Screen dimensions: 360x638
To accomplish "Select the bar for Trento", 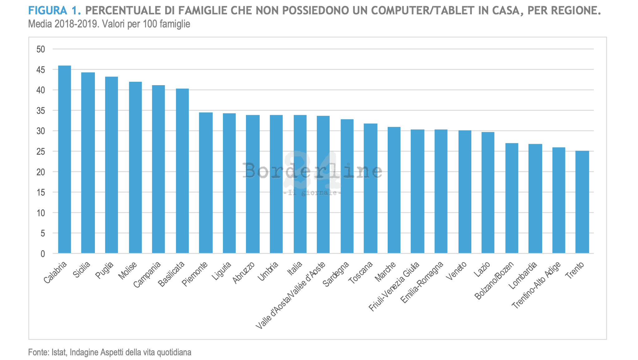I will point(582,202).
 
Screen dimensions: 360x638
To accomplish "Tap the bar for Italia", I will point(300,184).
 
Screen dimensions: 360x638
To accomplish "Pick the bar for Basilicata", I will point(182,171).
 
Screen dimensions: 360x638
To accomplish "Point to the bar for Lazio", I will point(488,192).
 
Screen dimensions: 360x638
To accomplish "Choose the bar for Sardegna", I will point(347,186).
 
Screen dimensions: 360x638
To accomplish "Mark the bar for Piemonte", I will point(206,182).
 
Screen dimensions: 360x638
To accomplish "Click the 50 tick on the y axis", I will point(41,49).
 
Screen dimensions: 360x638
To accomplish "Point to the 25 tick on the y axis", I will point(41,152).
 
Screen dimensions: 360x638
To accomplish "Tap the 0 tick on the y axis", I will point(43,254).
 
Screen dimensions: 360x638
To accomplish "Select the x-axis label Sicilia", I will point(81,270).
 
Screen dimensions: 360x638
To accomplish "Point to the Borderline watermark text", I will point(312,171).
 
